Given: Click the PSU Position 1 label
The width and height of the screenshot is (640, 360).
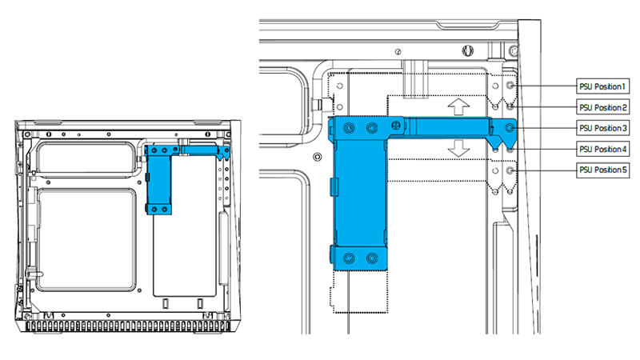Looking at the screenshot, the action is (x=602, y=86).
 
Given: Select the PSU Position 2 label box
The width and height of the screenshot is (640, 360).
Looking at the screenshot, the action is (x=602, y=107).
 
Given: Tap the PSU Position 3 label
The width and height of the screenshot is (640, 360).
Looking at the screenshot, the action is (x=602, y=128).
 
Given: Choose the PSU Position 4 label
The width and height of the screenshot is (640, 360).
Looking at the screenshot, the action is (x=602, y=149).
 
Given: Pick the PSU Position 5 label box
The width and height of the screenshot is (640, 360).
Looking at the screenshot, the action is (x=602, y=170).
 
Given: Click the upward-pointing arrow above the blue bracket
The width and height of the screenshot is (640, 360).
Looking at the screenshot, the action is (x=458, y=106).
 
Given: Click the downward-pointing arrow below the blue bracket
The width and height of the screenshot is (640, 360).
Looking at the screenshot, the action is (x=458, y=148).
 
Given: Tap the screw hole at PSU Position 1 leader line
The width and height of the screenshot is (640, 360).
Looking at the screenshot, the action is (x=510, y=86).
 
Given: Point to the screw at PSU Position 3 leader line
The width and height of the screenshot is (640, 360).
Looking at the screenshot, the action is (x=510, y=128).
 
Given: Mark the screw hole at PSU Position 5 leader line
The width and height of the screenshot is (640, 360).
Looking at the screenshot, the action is (x=510, y=170).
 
